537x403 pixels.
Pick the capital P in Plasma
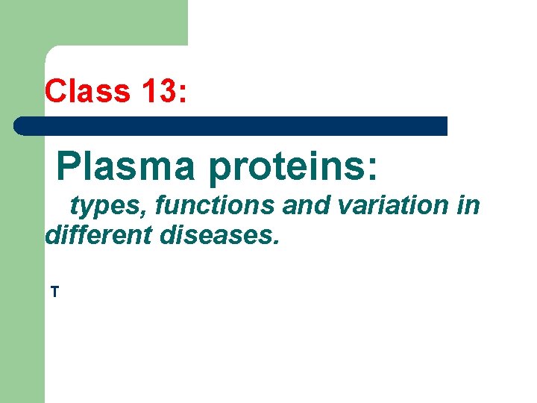69,166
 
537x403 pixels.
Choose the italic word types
107,206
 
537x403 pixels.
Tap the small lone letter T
54,292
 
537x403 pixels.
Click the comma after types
148,214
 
